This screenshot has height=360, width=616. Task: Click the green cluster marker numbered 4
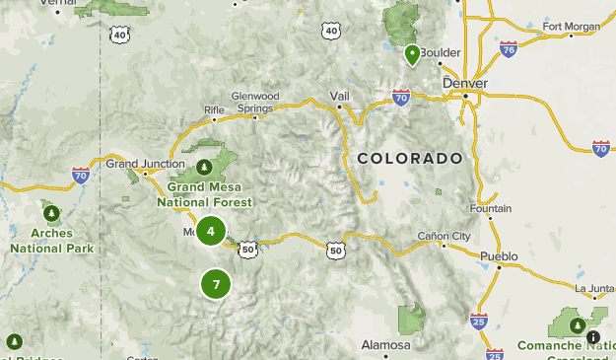(210, 231)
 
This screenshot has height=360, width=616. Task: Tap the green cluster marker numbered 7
(216, 285)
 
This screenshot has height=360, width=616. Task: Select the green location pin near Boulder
(412, 55)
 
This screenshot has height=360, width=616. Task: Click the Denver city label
(464, 85)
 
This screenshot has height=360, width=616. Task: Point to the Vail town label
(340, 97)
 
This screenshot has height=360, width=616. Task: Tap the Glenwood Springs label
(255, 102)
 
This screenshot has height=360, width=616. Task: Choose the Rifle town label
(214, 109)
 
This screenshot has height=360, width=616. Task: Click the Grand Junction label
(145, 164)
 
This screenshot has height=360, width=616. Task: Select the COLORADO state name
(409, 159)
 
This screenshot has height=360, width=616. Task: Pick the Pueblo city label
(498, 255)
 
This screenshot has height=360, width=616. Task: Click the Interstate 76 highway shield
(508, 48)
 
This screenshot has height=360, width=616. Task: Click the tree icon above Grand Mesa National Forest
(204, 166)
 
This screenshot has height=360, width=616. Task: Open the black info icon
(593, 337)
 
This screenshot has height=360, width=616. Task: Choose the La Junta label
(594, 289)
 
